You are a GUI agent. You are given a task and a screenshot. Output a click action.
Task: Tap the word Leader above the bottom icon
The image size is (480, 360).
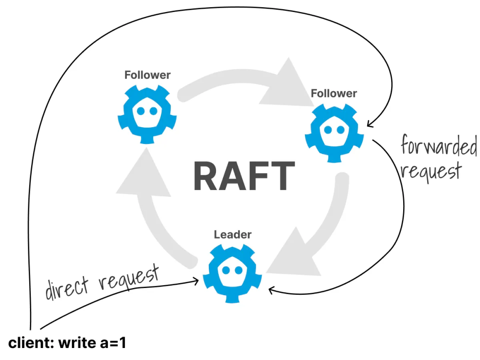pos(232,235)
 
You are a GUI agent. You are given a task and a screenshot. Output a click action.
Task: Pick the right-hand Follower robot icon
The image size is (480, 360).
pos(334,131)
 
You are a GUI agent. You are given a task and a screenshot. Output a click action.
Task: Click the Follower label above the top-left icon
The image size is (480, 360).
pos(147,75)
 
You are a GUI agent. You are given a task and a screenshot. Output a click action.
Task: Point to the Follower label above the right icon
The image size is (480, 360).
pos(334,93)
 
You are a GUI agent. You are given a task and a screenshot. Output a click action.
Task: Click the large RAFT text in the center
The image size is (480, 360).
pos(244,176)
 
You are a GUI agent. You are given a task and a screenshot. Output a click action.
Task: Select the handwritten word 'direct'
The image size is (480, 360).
pos(68,287)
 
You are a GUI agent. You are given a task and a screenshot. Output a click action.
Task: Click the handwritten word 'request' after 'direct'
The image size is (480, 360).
pos(128,277)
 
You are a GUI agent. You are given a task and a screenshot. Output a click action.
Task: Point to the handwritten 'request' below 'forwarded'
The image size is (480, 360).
pos(431,170)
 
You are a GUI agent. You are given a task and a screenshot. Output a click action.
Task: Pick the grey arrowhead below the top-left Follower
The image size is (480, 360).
pos(144,173)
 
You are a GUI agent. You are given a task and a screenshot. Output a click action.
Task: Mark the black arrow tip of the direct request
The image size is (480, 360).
pos(198,281)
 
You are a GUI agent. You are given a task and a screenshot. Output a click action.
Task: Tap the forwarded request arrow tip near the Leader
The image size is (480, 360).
pos(270,289)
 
